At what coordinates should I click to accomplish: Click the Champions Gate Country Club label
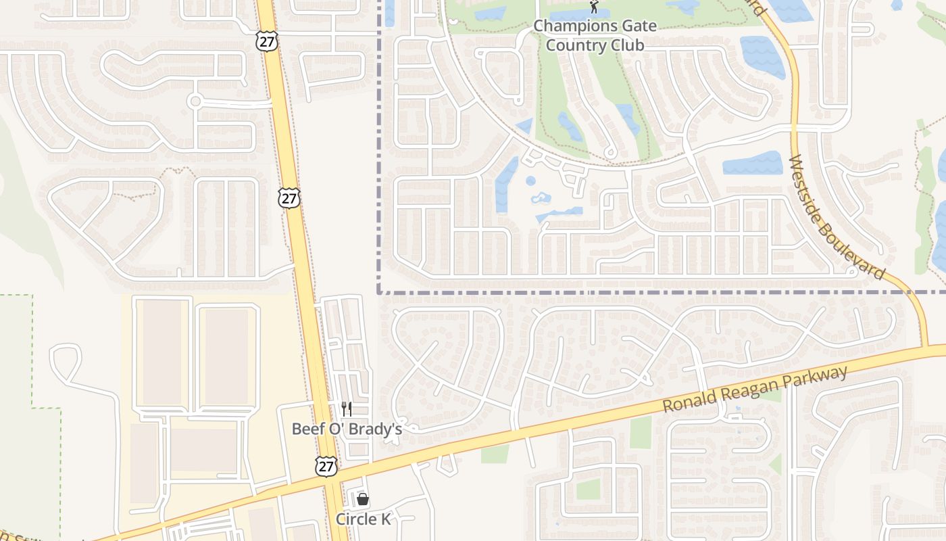point(595,36)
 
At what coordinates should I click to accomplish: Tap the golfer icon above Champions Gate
point(594,7)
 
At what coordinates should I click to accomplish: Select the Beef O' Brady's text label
point(347,429)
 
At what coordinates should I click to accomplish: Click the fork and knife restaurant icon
point(347,408)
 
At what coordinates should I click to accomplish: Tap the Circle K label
point(364,519)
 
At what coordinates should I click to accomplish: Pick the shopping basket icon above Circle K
point(363,499)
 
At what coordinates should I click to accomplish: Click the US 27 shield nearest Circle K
point(326,466)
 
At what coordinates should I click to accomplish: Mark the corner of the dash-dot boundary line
point(379,292)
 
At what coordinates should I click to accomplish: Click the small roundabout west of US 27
point(195,101)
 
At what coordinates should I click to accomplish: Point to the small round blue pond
point(530,181)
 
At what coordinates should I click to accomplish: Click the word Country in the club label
point(573,45)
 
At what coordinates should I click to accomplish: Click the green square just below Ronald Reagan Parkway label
point(641,433)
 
